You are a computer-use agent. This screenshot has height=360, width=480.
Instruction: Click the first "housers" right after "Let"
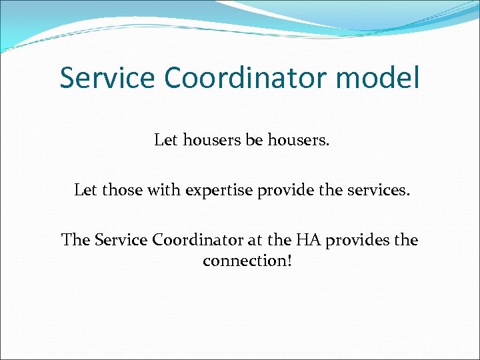point(213,141)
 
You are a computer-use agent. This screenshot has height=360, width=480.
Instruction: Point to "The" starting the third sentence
point(75,240)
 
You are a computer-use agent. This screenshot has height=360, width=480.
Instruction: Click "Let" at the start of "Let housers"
point(167,141)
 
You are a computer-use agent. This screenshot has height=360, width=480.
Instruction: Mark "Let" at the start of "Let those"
point(86,191)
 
